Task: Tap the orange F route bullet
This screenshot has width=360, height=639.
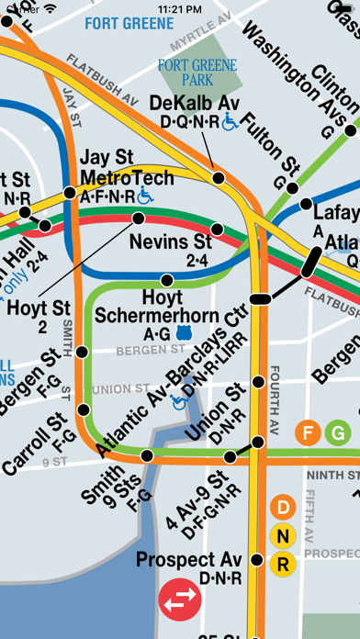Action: point(308,432)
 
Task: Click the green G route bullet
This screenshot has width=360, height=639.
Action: point(339,432)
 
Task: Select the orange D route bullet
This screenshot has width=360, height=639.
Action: point(283,508)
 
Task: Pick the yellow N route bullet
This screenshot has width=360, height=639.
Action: point(283,535)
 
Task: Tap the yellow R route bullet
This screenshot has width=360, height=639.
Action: point(283,563)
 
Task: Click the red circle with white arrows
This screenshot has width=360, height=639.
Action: point(179,600)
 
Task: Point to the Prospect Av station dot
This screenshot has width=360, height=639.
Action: point(257,560)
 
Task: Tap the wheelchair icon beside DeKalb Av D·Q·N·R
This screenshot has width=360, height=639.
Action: point(230,121)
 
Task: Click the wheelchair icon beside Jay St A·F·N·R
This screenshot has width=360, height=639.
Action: point(144,195)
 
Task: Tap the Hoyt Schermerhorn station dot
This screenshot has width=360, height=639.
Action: point(166,280)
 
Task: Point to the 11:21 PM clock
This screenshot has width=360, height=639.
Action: point(180,8)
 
